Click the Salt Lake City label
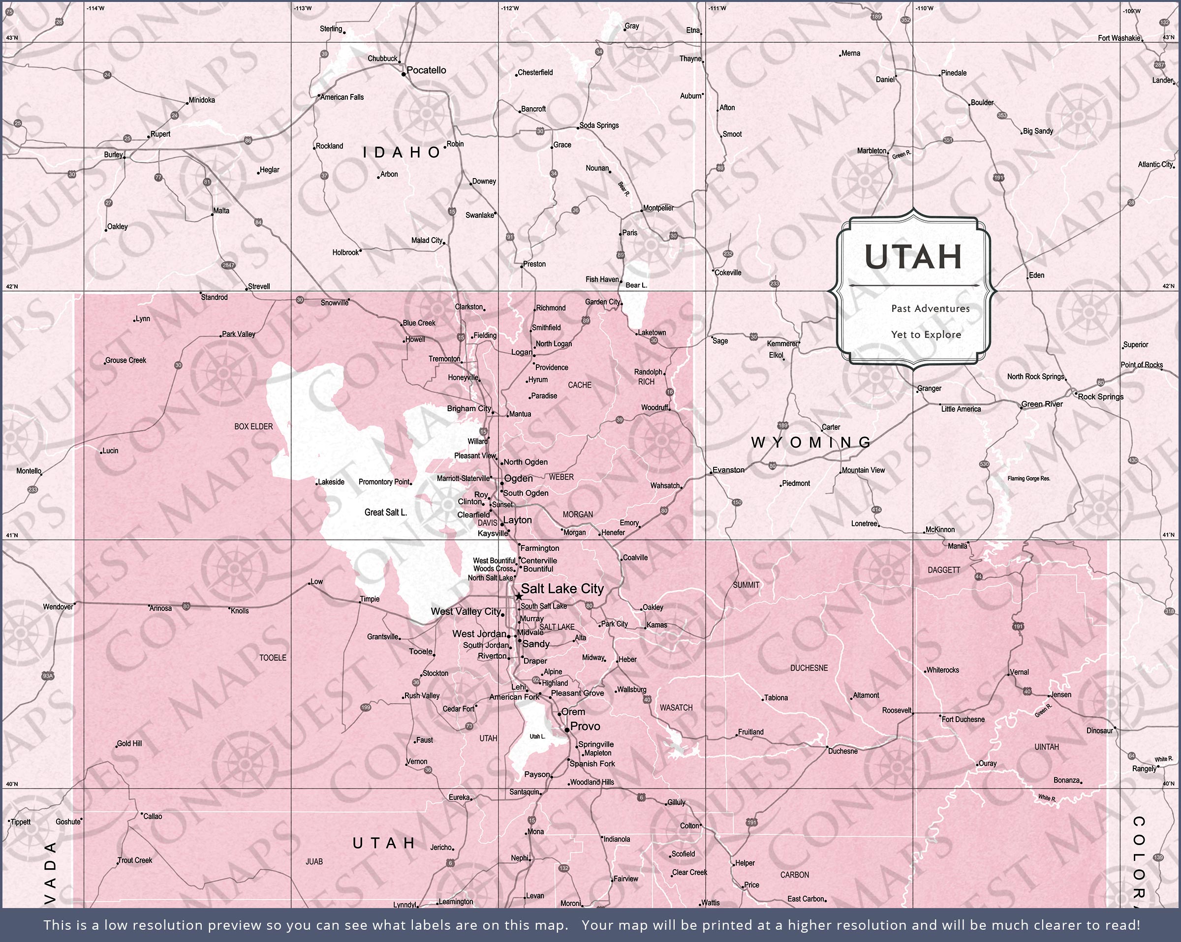[562, 589]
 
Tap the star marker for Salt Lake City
[518, 596]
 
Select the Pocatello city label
[426, 70]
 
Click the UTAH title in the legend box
[913, 257]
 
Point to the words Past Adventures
[930, 308]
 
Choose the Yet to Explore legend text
[926, 334]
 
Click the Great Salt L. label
[386, 513]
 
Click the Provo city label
[585, 726]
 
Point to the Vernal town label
[1019, 672]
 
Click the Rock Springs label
[1100, 396]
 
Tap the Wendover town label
[58, 607]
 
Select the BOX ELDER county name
[253, 426]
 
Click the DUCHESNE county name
[808, 668]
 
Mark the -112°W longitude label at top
[510, 8]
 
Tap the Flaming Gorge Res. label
[1029, 479]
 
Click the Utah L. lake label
[537, 736]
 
